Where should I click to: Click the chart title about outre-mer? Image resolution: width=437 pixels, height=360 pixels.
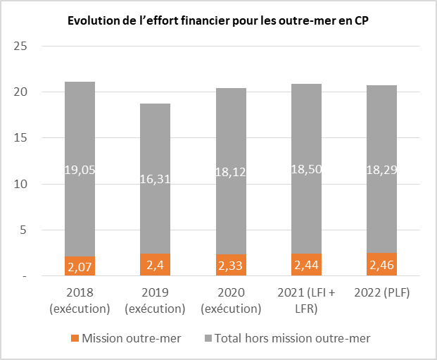(x=218, y=20)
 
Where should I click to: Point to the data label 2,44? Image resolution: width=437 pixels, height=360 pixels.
(x=306, y=264)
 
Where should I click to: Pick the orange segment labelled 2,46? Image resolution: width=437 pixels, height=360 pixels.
(x=381, y=264)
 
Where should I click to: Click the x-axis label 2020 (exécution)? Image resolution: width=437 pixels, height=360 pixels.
(x=230, y=300)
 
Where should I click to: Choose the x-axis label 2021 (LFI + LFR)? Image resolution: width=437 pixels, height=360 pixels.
(x=306, y=300)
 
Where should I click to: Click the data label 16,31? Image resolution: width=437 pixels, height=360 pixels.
(x=155, y=181)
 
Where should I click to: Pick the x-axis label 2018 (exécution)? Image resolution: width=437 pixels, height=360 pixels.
(x=80, y=300)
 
